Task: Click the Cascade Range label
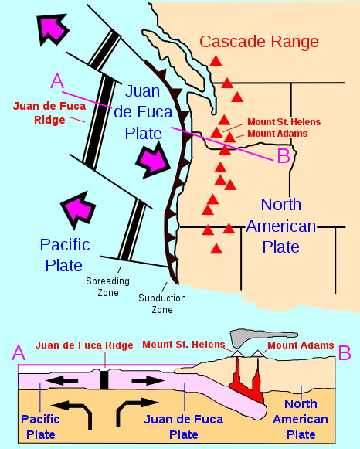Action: coord(259,41)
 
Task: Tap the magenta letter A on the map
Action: coord(57,80)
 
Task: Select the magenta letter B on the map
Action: coord(283,156)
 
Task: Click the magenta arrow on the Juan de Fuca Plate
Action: coord(151,161)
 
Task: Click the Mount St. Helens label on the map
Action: coord(283,122)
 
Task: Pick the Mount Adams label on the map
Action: coord(277,134)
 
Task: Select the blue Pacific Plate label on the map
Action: coord(65,255)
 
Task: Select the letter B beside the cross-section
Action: coord(345,352)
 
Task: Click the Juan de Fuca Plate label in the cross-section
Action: coord(185,427)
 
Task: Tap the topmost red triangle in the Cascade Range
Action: coord(217,60)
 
